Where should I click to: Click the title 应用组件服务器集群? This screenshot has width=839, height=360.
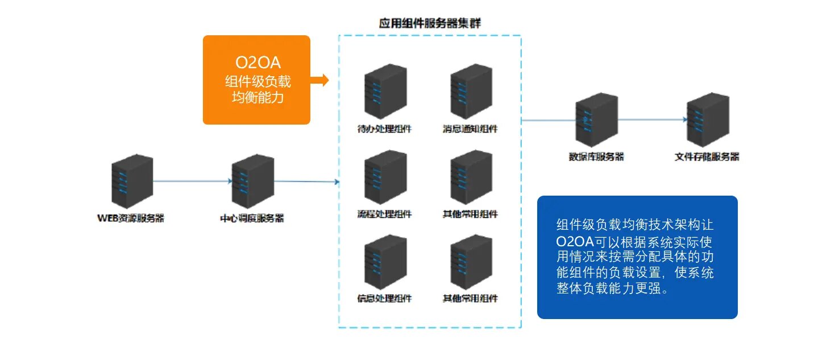[x=430, y=23]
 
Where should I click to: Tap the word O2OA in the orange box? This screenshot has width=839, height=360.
[x=257, y=63]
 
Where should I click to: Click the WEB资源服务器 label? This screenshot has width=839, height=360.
[x=131, y=217]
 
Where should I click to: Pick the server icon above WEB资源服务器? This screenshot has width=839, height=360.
[x=132, y=181]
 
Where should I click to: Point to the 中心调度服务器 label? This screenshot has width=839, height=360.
[x=252, y=217]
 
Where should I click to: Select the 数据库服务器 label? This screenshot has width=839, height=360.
[x=596, y=156]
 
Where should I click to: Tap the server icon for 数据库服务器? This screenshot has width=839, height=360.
[x=596, y=120]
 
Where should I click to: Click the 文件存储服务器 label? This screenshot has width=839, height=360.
[x=707, y=156]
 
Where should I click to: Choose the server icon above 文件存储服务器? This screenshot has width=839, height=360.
[x=708, y=120]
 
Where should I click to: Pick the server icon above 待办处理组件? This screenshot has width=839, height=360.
[x=385, y=91]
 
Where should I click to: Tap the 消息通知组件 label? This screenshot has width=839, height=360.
[x=470, y=129]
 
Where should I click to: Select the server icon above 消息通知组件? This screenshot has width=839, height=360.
[x=471, y=91]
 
